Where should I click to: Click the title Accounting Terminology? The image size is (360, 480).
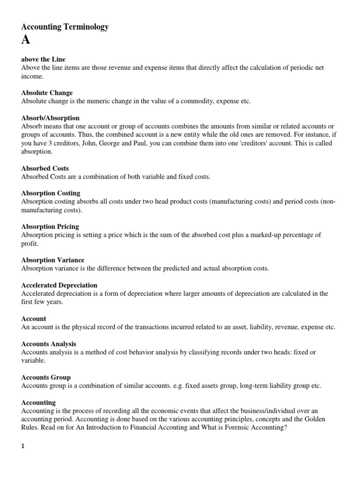[65, 27]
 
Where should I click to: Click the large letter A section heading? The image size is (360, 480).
[26, 40]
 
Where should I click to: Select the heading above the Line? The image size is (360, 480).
[44, 60]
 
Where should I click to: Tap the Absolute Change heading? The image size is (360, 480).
[47, 93]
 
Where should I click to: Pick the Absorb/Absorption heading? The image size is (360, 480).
[51, 118]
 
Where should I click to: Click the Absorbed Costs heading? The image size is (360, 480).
[45, 168]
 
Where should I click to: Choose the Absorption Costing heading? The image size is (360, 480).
[51, 193]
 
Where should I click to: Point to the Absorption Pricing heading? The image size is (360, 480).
[50, 226]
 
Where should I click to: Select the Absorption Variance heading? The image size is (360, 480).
[53, 260]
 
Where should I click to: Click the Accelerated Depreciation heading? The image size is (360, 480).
[60, 285]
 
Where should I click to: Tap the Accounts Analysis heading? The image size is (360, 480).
[49, 344]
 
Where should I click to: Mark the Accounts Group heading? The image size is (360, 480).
[46, 377]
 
